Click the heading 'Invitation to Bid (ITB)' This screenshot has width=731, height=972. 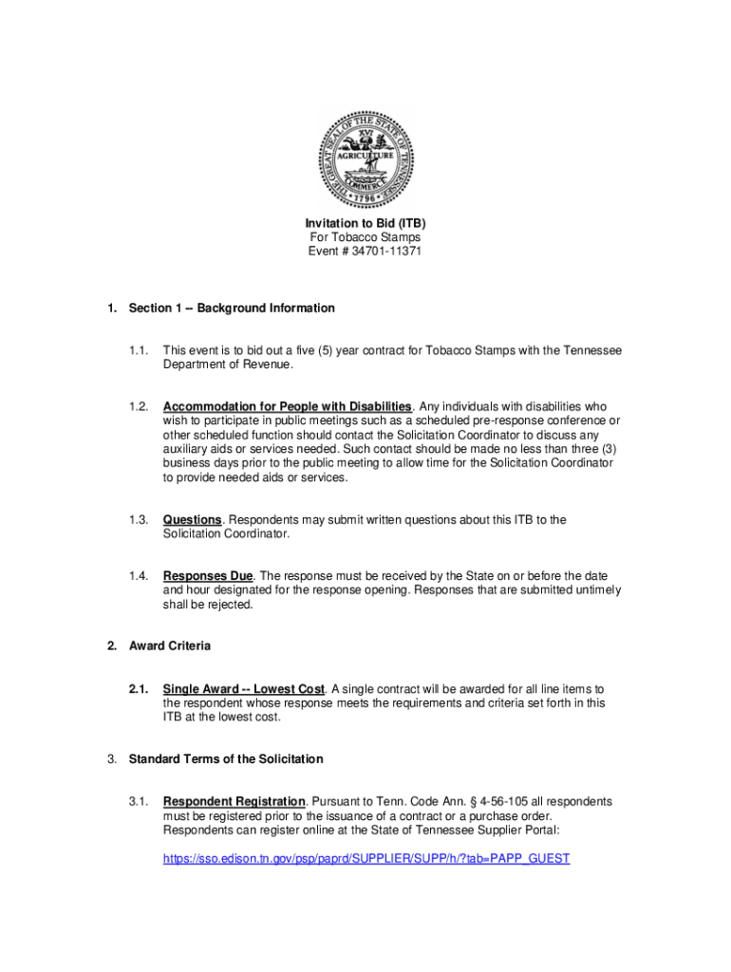coord(365,223)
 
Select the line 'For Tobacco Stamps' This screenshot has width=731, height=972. coord(365,237)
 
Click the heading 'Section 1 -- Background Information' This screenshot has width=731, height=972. coord(232,308)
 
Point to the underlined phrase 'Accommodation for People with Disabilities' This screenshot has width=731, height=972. coord(287,406)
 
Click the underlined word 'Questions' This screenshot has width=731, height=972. coord(193,519)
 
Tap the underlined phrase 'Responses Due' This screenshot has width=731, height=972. coord(208,576)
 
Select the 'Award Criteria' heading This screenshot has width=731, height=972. coord(170,645)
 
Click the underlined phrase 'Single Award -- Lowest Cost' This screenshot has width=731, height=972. coord(244,688)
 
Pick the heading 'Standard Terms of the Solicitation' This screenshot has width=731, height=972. coord(226,758)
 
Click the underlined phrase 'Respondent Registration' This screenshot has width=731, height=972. coord(234,801)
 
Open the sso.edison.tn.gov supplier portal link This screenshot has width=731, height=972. coord(366,858)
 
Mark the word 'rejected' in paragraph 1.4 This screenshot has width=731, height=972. coord(228,605)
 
